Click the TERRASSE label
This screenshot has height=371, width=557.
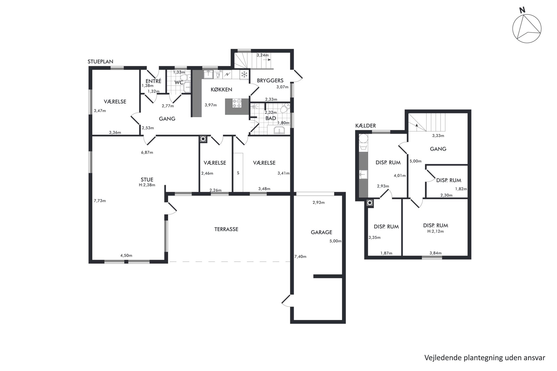tap(226, 229)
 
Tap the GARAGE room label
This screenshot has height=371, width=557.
tap(321, 232)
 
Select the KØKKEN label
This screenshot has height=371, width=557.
tap(222, 89)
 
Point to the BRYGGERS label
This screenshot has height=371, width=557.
tap(270, 80)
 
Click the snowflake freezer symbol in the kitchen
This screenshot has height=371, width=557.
tap(245, 75)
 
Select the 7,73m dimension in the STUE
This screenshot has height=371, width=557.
tap(100, 201)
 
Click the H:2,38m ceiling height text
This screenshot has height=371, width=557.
tap(147, 185)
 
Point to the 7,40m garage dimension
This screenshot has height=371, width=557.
tap(300, 257)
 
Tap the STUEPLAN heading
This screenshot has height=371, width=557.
tap(101, 62)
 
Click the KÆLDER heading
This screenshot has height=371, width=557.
tap(366, 126)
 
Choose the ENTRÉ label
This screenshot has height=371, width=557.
tap(154, 81)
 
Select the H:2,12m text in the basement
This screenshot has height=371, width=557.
tap(435, 231)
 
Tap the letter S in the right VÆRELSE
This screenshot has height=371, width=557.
tap(238, 173)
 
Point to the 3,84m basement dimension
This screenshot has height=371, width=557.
tap(435, 253)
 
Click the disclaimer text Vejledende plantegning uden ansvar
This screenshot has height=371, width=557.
tap(485, 358)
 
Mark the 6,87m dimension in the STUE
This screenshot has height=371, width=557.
tap(147, 153)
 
